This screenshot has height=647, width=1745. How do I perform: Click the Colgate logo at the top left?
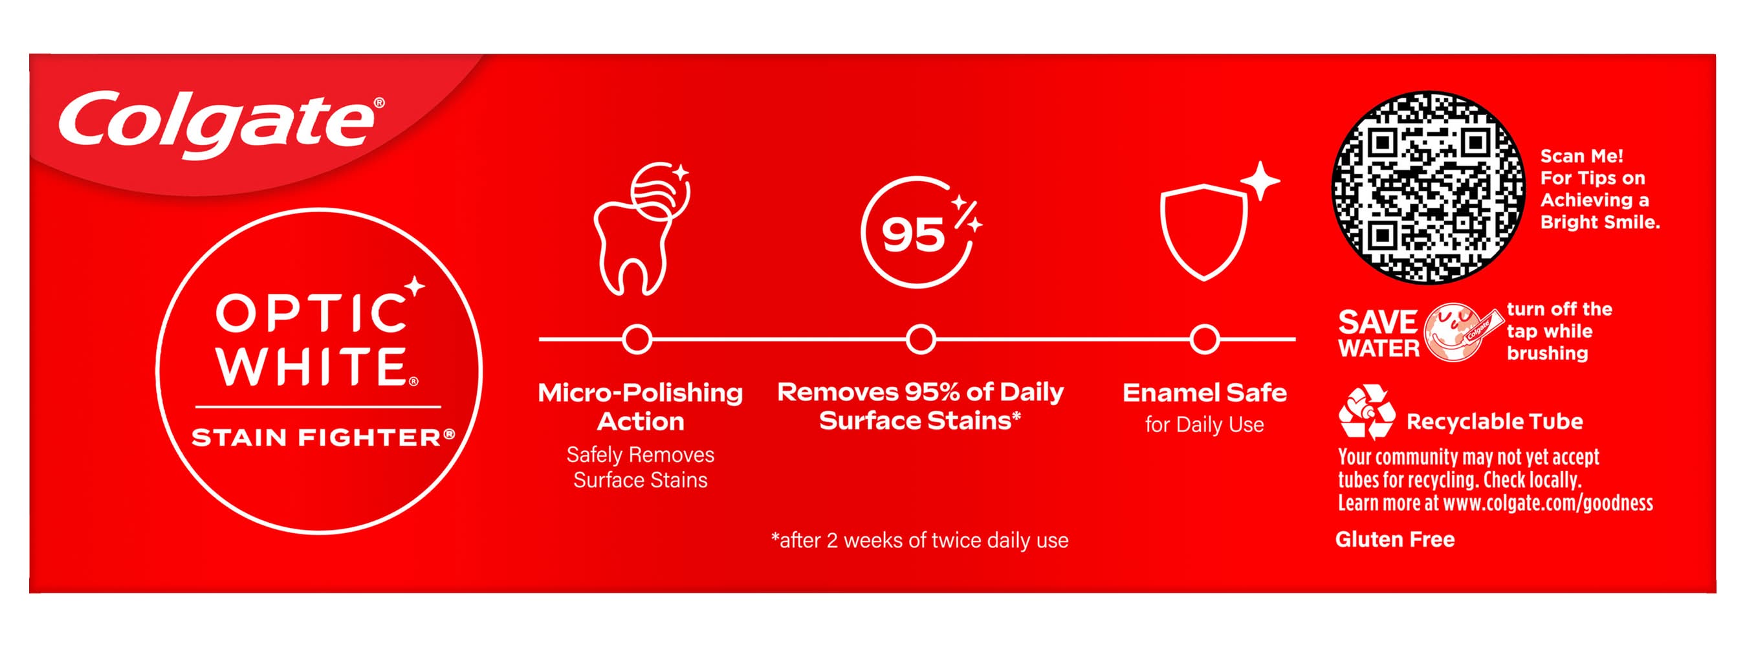coord(220,125)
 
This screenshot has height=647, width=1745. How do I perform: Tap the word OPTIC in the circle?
coord(311,313)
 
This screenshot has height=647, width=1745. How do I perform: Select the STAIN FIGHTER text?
coord(323,437)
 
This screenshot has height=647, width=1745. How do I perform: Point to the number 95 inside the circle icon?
coord(912,235)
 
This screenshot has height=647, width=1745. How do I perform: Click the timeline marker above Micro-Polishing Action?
coord(637,340)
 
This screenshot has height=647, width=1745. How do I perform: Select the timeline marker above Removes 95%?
coord(921,340)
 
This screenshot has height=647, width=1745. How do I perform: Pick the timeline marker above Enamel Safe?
coord(1205,340)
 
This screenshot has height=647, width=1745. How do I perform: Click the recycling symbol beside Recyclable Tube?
coord(1367,412)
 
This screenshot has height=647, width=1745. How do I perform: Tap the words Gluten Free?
coord(1395,540)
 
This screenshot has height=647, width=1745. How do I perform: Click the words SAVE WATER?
coord(1379,333)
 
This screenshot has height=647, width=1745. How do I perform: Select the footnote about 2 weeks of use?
coord(919,540)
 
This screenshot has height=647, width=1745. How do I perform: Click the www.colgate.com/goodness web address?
coord(1548,503)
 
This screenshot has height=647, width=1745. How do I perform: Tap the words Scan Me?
coord(1582,156)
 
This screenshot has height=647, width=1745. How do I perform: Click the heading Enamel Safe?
coord(1205,392)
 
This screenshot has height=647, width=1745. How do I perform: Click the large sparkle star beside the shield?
coord(1260,181)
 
